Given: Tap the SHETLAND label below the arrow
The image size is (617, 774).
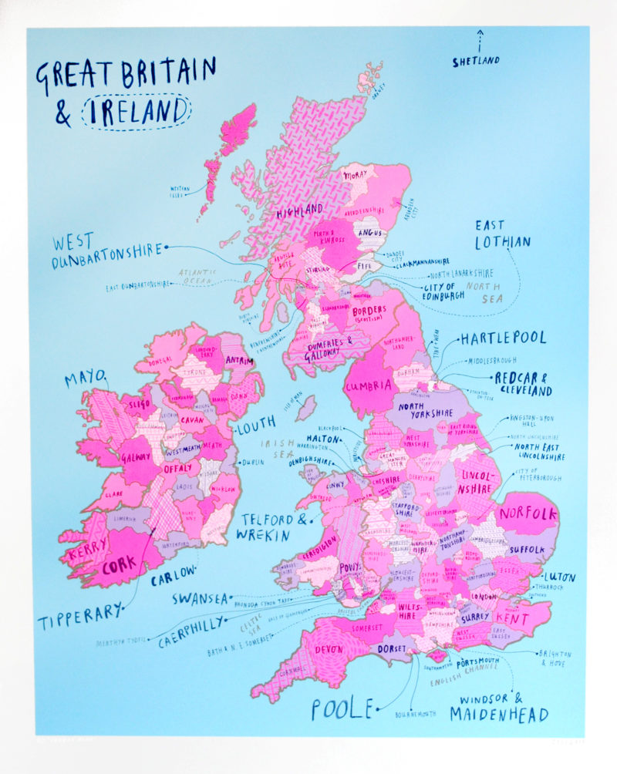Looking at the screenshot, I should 476,61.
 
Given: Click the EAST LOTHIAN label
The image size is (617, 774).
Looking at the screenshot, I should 502,234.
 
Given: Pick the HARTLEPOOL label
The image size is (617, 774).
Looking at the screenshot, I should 503,338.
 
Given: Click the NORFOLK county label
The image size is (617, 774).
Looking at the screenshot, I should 528,514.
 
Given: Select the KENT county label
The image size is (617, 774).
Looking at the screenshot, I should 513,619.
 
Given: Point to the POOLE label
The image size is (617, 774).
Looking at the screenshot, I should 342,708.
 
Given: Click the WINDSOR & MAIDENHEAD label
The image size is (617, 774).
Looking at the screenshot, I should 499,708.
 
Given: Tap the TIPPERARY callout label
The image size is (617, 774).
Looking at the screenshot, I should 80,615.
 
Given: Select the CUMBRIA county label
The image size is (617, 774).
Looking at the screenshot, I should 368,386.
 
